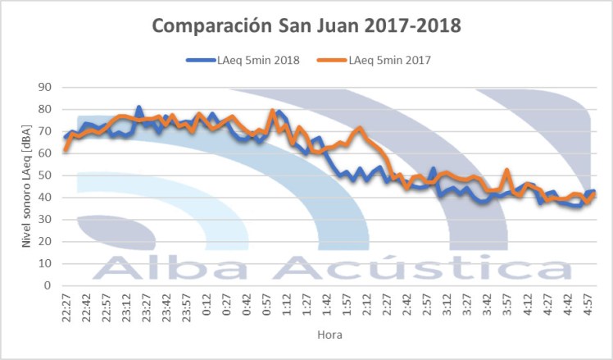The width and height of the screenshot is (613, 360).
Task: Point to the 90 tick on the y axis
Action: point(45,87)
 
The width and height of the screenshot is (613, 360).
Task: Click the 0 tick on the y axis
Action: point(48,286)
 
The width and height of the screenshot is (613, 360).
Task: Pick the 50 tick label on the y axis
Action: point(45,175)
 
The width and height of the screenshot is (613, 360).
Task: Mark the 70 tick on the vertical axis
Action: point(45,131)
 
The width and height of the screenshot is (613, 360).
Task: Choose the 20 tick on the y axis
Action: point(45,242)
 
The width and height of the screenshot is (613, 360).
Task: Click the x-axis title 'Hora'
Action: point(330,335)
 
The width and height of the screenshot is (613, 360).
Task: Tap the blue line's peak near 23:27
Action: point(138,107)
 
